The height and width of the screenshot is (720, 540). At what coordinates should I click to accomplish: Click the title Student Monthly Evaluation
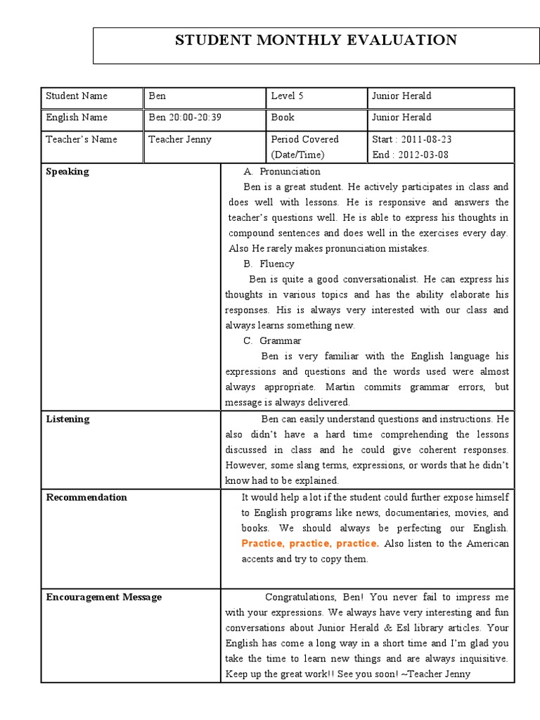[x=316, y=40]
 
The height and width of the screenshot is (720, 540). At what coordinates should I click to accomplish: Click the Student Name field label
[x=77, y=96]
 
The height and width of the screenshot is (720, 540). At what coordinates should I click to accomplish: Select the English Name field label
[x=77, y=117]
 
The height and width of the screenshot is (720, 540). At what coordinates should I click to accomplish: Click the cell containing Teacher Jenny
[x=180, y=139]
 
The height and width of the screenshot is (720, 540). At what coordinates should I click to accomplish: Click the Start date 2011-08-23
[x=412, y=139]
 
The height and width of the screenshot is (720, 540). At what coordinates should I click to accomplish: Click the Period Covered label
[x=304, y=139]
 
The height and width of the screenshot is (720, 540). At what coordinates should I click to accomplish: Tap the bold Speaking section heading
[x=67, y=172]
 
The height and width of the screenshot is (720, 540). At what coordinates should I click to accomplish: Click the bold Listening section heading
[x=67, y=419]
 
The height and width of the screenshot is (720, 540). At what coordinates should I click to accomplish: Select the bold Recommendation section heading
[x=86, y=497]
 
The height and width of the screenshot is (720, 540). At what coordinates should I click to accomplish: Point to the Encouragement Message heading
[x=103, y=597]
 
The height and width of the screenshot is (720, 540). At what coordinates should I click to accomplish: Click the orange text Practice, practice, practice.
[x=310, y=544]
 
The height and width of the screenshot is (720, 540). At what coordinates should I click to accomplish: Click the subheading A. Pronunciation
[x=282, y=172]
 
